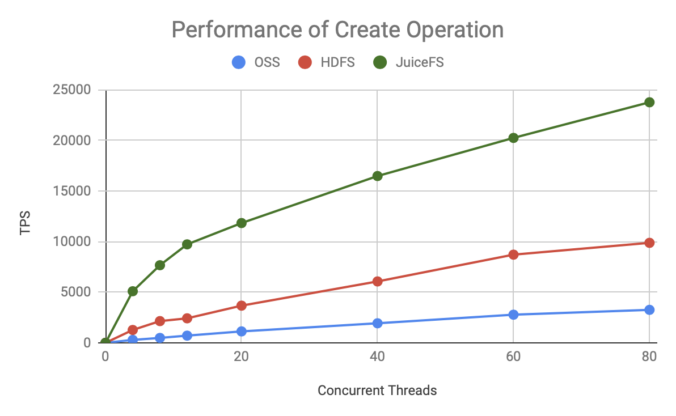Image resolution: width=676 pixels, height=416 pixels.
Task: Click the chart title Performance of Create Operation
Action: [x=337, y=29]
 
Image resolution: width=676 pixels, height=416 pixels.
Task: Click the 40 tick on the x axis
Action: [x=377, y=356]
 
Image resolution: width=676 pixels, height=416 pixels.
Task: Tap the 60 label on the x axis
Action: [x=513, y=356]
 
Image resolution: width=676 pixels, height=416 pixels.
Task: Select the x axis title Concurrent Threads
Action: [x=377, y=390]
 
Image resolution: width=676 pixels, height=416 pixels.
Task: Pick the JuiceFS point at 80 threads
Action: [x=649, y=102]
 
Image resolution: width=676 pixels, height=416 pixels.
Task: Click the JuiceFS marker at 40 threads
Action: [x=377, y=176]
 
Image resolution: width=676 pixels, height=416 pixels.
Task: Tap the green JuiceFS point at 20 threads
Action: [x=241, y=223]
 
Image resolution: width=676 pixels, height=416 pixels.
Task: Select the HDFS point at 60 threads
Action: [x=513, y=254]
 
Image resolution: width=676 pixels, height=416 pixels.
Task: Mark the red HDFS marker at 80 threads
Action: [x=649, y=243]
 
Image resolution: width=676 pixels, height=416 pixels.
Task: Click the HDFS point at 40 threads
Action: [x=377, y=281]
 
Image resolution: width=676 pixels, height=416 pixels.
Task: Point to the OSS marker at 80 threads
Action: [x=649, y=309]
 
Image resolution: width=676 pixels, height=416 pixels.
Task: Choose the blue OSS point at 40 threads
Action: [x=377, y=323]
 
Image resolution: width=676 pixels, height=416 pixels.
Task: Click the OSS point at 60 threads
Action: [x=513, y=315]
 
